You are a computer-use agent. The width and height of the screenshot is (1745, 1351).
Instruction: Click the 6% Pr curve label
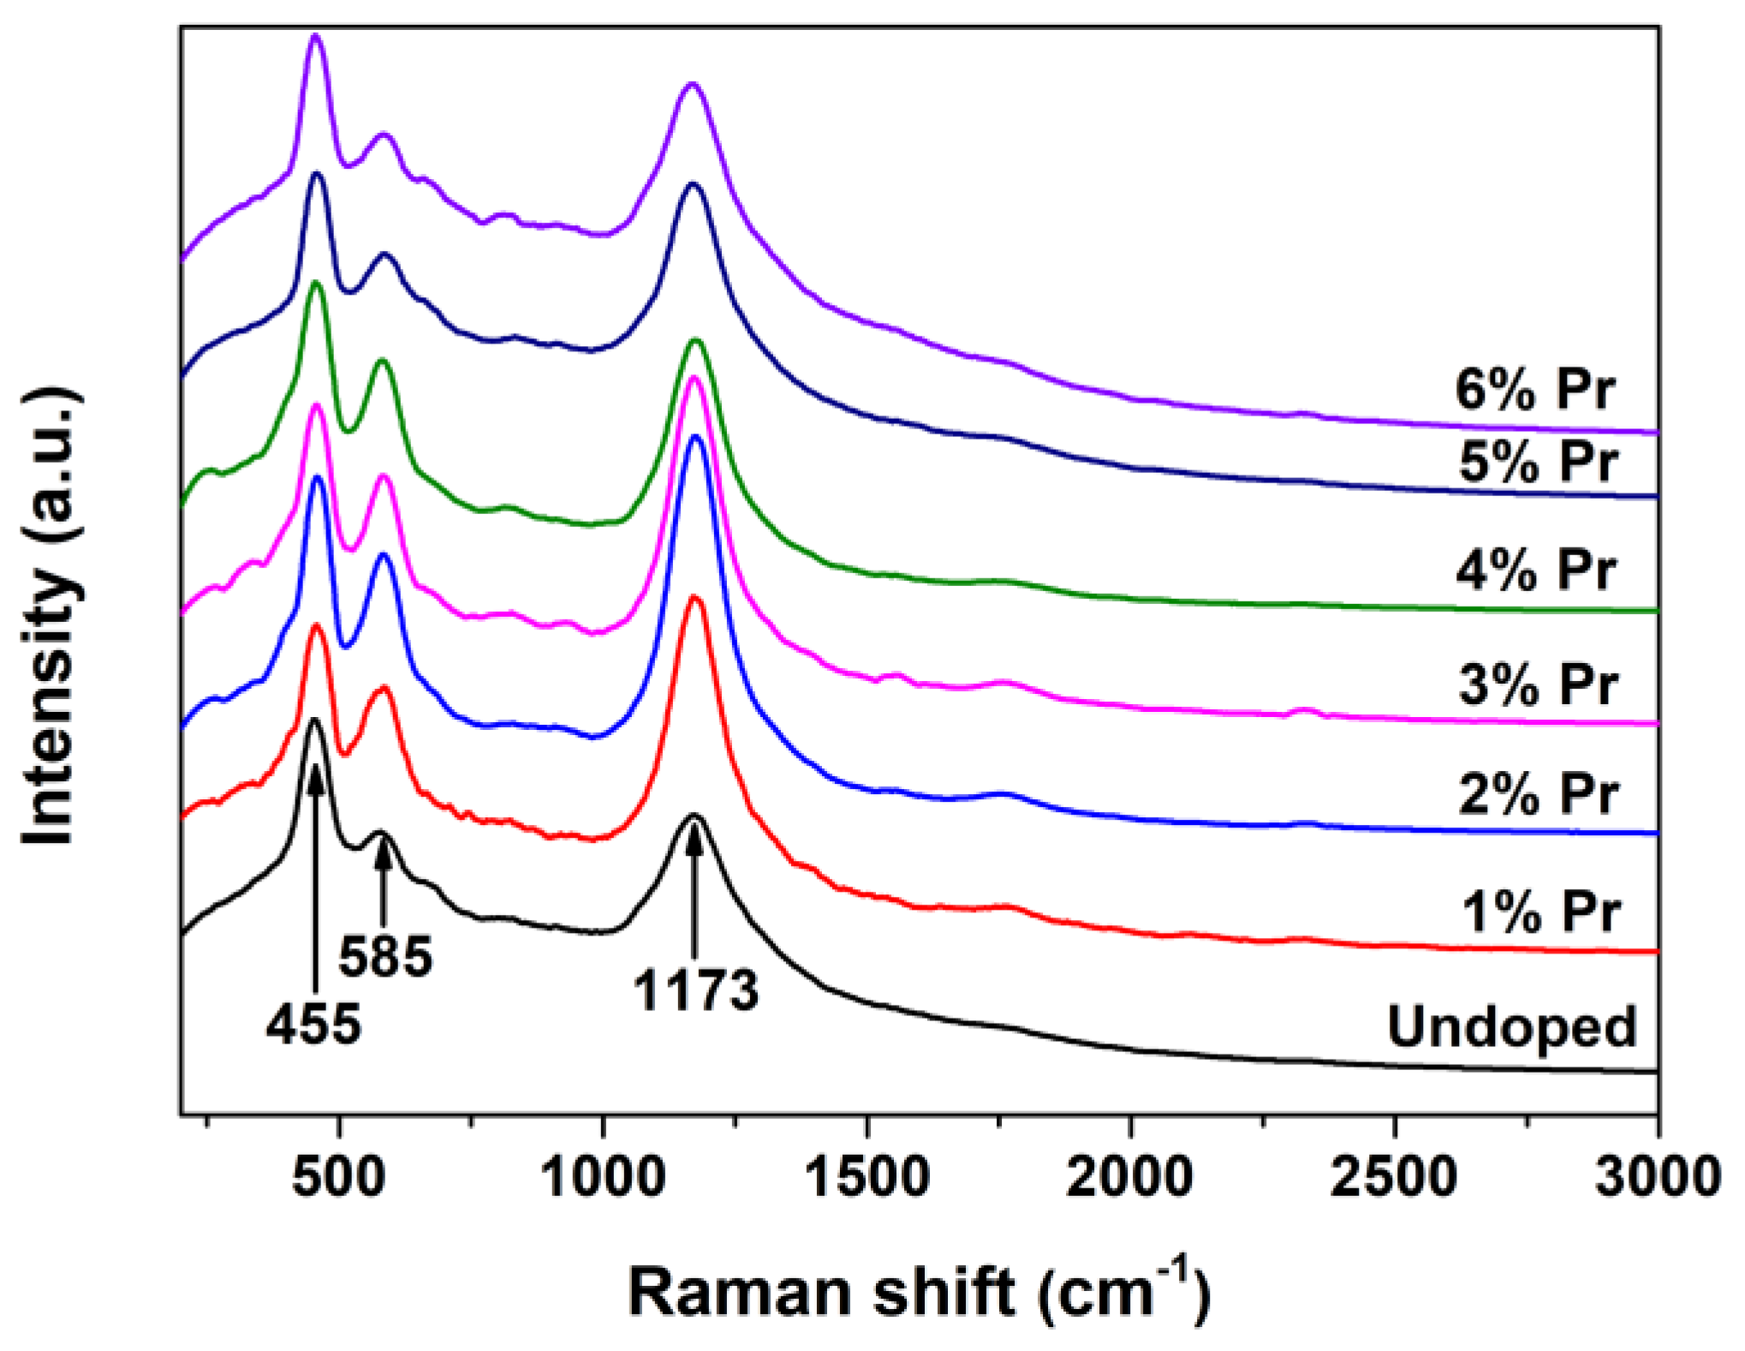point(1534,390)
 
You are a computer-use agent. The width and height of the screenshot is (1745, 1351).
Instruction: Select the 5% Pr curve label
point(1538,462)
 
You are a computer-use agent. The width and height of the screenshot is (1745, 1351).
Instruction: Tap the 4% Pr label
point(1536,570)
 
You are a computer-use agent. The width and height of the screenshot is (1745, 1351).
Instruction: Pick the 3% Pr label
point(1538,684)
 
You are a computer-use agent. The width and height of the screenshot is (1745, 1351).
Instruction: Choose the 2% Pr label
point(1538,793)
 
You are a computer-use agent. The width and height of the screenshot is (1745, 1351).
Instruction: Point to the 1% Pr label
point(1540,912)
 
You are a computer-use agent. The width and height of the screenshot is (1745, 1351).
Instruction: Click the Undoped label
point(1511,1026)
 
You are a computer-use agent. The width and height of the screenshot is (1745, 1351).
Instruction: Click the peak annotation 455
point(313,1024)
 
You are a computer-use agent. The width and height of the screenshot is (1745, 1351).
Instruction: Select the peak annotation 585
point(384,956)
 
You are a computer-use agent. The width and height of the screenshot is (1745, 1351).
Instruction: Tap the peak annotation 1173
point(695,991)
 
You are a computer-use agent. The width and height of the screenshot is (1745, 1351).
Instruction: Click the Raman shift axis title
point(920,1291)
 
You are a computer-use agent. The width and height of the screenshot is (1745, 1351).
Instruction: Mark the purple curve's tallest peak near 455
point(315,36)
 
